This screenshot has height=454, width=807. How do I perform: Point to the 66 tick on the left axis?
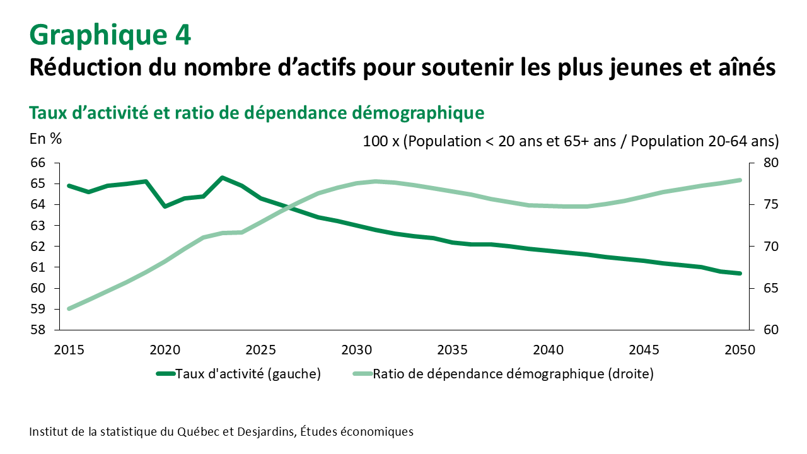[38, 163]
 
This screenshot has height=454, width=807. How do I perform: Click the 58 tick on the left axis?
[38, 330]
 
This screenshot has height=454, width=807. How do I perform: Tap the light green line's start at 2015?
[69, 309]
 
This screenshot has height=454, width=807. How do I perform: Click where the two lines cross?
[288, 207]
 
